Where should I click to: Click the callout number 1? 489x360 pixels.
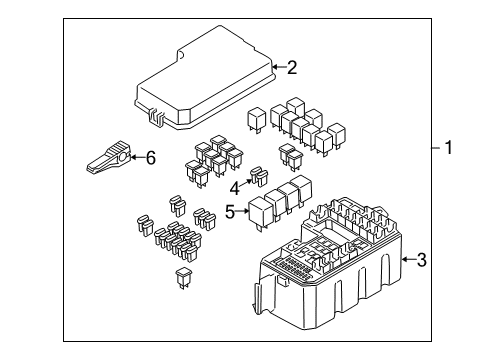pos(449,147)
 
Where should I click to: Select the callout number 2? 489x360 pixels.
pos(292,68)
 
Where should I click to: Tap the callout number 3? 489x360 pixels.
pos(422,260)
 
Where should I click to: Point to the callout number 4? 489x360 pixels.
pos(235,189)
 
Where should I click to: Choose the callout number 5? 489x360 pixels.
pos(230,211)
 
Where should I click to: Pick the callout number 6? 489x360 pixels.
pos(151,158)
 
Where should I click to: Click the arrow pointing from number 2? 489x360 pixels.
pos(279,67)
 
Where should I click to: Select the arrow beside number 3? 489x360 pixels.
pos(409,259)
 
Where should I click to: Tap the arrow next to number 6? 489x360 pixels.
pos(138,157)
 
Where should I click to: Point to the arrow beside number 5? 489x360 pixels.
pos(242,211)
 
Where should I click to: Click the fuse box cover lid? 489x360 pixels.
pos(205,78)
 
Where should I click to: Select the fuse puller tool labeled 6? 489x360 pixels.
pos(108,157)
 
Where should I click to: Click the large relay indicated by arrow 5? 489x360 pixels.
pos(261,212)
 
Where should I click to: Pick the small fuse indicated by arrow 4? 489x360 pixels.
pos(259,176)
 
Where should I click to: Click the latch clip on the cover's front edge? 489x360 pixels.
pos(156,117)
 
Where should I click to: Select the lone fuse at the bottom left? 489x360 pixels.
pos(182,278)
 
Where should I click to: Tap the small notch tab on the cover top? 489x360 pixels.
pos(180,55)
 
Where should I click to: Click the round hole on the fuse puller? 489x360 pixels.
pos(124,157)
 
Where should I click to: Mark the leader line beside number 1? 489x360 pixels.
pos(436,148)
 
